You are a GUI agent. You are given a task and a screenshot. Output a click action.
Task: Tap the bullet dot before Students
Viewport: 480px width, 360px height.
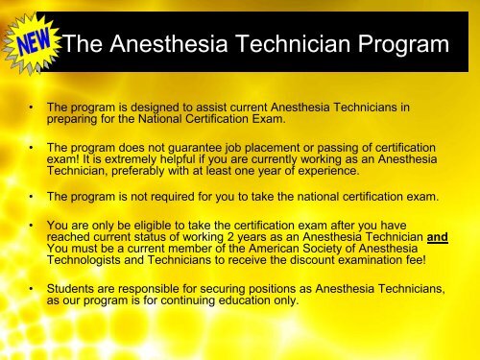click(35, 288)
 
